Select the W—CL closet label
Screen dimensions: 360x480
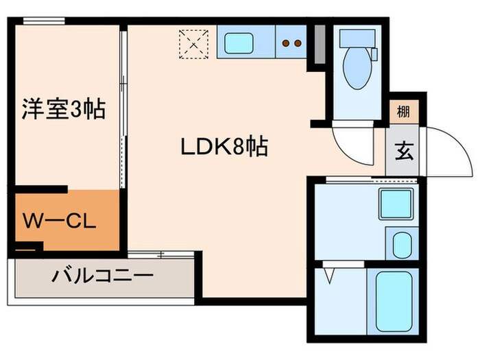[61, 222]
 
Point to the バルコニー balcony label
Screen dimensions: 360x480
[101, 278]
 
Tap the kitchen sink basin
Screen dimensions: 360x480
[245, 43]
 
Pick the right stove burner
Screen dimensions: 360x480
[298, 43]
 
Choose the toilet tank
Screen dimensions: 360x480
[356, 39]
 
